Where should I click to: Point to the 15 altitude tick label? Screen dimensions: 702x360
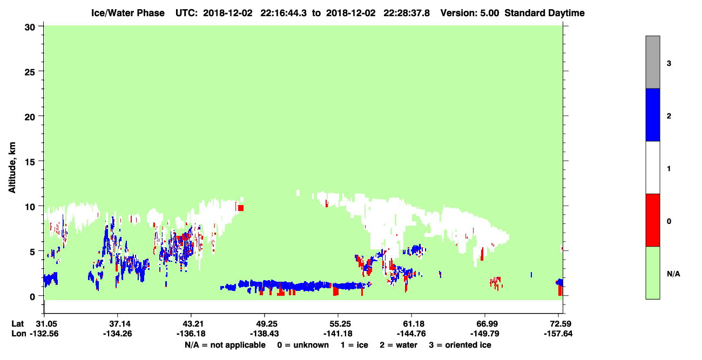pyautogui.click(x=30, y=162)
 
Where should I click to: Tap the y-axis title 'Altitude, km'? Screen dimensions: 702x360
pyautogui.click(x=12, y=167)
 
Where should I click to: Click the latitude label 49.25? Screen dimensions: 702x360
pyautogui.click(x=265, y=324)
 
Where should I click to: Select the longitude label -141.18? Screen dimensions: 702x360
pyautogui.click(x=338, y=334)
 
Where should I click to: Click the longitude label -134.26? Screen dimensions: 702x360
pyautogui.click(x=118, y=334)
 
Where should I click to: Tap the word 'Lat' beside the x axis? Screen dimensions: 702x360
pyautogui.click(x=17, y=324)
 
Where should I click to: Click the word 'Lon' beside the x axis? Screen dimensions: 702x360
pyautogui.click(x=19, y=334)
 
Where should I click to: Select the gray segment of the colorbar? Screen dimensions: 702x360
pyautogui.click(x=652, y=62)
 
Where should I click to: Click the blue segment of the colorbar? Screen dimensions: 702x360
pyautogui.click(x=652, y=114)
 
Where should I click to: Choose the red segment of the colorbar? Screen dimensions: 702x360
pyautogui.click(x=652, y=220)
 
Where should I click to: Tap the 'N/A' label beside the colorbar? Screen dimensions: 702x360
pyautogui.click(x=673, y=274)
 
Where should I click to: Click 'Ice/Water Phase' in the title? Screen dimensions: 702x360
pyautogui.click(x=128, y=13)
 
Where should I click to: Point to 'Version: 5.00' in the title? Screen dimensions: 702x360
pyautogui.click(x=469, y=13)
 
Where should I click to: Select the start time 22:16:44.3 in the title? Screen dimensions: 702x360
pyautogui.click(x=283, y=13)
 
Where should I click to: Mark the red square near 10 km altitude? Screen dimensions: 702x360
pyautogui.click(x=241, y=208)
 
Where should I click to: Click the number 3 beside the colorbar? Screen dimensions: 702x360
pyautogui.click(x=669, y=64)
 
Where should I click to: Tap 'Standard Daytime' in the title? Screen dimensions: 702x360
pyautogui.click(x=544, y=13)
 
